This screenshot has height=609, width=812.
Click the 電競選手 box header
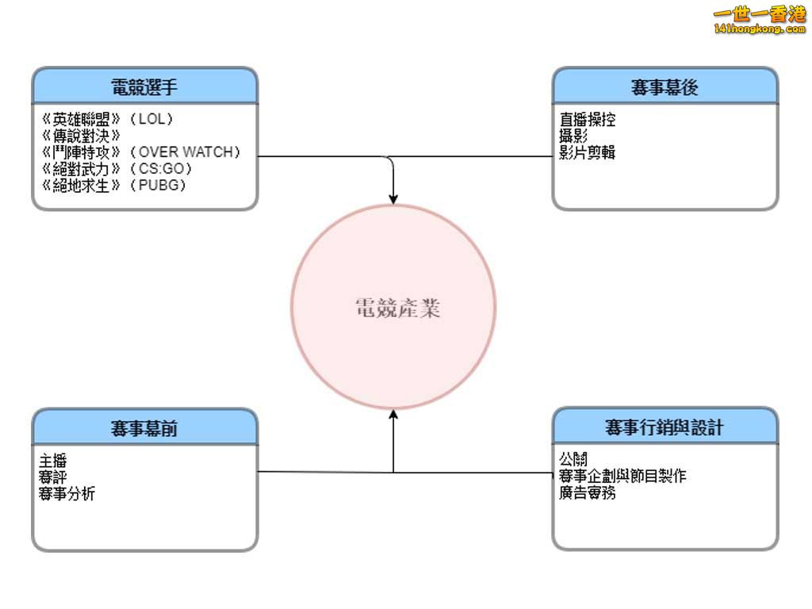[144, 86]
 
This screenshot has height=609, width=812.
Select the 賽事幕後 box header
[665, 86]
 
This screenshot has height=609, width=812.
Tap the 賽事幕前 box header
[144, 428]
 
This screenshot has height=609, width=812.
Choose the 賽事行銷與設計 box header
[665, 427]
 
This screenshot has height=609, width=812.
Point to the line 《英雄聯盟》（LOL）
[107, 120]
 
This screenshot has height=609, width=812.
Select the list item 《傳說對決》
[80, 136]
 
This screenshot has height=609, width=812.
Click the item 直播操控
[588, 121]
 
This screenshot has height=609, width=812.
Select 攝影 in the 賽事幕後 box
[573, 136]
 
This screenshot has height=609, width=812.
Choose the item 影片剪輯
[588, 153]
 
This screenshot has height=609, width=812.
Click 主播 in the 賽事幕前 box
[52, 461]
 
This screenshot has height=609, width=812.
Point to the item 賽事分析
[67, 494]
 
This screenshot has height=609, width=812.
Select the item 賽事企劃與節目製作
[622, 477]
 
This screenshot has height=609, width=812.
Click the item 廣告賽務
[588, 493]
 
